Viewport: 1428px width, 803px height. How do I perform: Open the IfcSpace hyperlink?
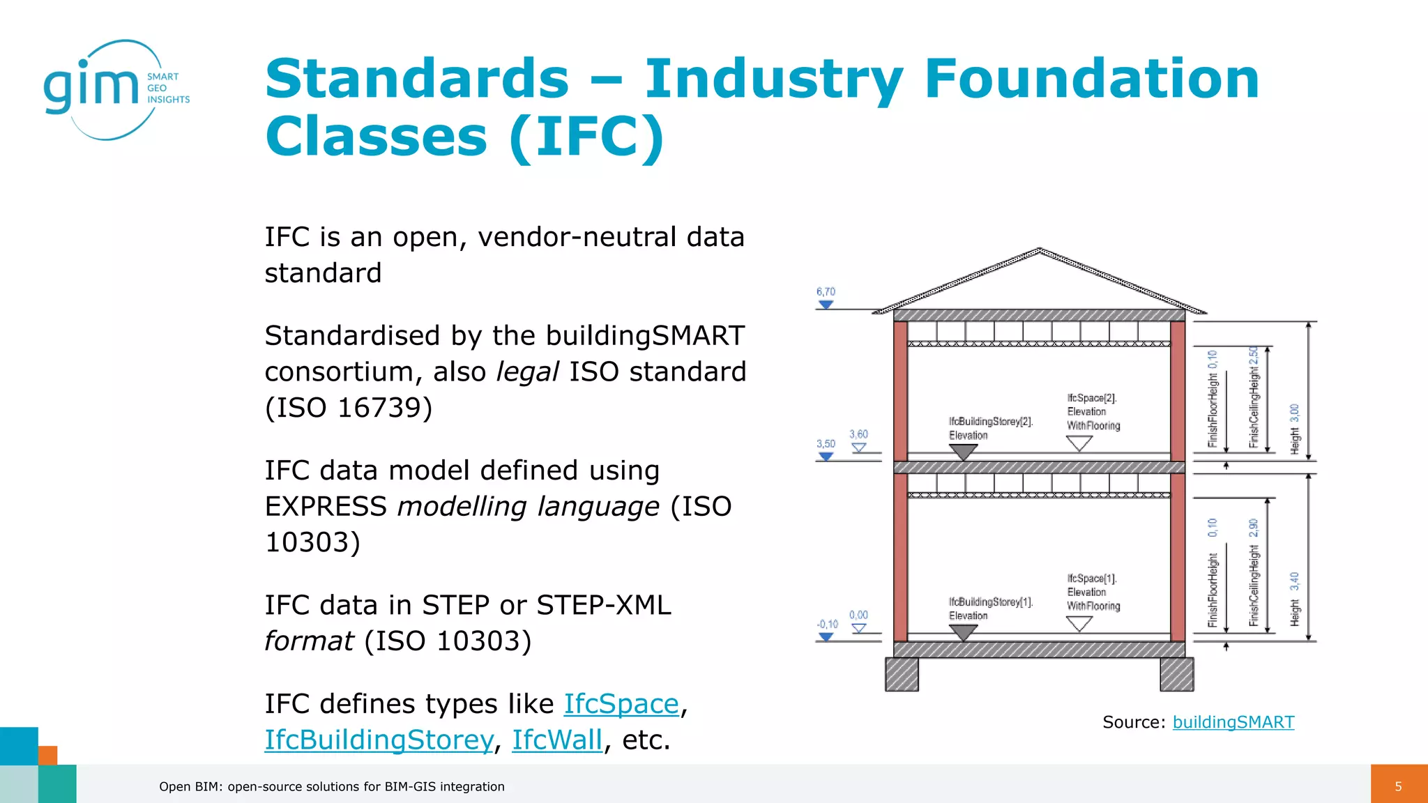[621, 704]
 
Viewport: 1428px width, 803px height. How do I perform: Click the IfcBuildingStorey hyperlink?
[379, 740]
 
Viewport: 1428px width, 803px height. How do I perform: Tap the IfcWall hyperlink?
[556, 740]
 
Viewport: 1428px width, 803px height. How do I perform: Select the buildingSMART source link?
[1233, 722]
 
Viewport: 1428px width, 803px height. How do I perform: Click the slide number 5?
[1398, 786]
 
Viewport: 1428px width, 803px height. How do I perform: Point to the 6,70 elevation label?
[826, 292]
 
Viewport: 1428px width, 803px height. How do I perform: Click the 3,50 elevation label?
[826, 444]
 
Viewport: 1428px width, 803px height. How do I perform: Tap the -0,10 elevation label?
[827, 625]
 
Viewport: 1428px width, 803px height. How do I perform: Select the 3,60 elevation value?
[858, 434]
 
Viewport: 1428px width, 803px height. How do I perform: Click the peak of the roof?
[1039, 251]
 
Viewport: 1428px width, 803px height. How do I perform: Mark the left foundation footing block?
[902, 674]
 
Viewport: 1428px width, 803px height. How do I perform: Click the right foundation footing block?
[1176, 674]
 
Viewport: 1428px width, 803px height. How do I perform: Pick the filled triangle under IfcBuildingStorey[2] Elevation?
[963, 452]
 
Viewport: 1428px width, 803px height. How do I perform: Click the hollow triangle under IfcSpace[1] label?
[1079, 623]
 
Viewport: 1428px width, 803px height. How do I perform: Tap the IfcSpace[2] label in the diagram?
[1091, 398]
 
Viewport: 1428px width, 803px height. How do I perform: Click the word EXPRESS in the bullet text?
[326, 507]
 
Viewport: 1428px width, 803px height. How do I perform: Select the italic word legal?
[527, 372]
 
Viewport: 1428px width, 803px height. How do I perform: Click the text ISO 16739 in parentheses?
[349, 408]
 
